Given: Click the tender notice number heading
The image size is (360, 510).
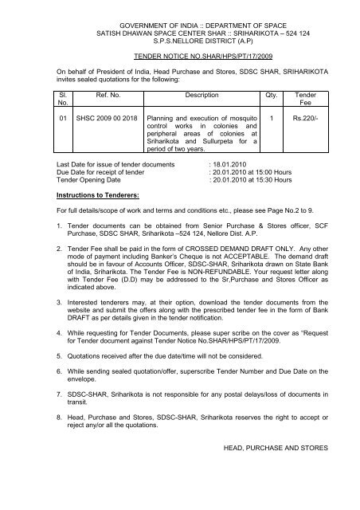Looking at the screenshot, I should (180, 60).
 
